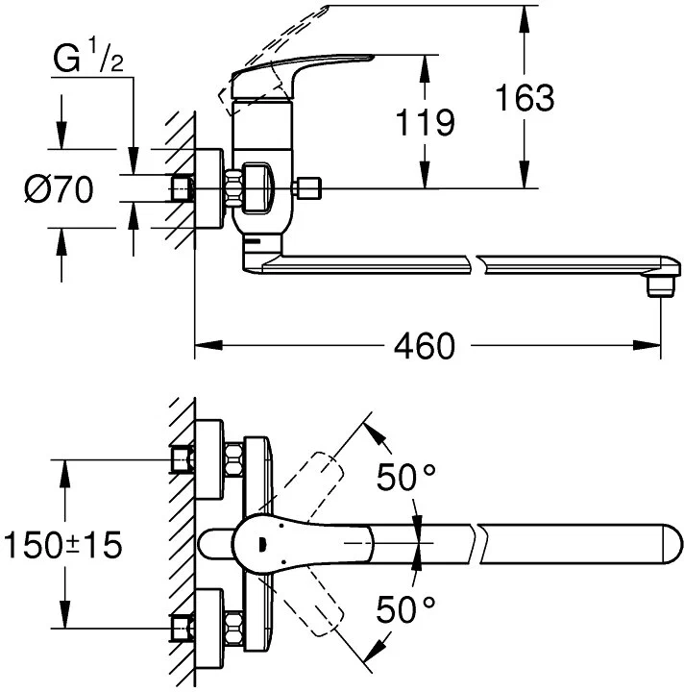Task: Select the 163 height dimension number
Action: tap(524, 97)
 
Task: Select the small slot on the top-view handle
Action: tap(261, 548)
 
